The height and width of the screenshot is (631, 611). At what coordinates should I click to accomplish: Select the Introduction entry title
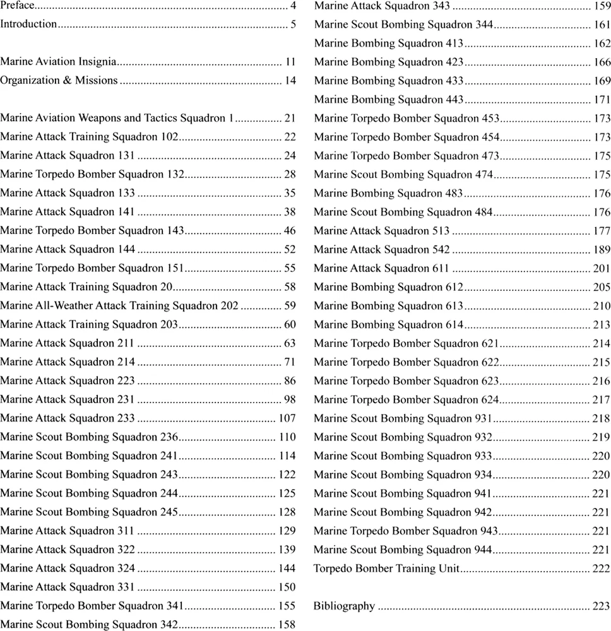click(28, 24)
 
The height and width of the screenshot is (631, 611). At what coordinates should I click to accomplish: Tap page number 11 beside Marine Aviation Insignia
click(290, 62)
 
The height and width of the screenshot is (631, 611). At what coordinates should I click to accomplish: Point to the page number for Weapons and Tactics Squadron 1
click(290, 118)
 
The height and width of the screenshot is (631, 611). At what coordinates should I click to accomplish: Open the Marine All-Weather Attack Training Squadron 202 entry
click(119, 305)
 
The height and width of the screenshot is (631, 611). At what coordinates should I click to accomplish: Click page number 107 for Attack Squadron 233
click(287, 418)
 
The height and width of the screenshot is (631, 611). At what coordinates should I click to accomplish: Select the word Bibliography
click(344, 606)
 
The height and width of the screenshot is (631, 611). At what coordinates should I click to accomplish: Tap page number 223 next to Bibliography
click(601, 606)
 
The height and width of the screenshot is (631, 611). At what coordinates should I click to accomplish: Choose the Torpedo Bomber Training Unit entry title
click(386, 568)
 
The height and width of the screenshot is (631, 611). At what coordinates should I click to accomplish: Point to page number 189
click(601, 250)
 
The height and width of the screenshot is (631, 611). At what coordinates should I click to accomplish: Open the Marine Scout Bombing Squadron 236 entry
click(90, 437)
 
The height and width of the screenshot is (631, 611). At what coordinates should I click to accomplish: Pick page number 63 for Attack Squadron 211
click(290, 343)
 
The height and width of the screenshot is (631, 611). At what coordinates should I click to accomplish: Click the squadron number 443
click(454, 100)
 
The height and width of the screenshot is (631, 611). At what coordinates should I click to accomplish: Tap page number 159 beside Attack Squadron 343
click(601, 6)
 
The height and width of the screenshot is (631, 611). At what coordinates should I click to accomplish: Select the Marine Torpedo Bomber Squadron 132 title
click(92, 174)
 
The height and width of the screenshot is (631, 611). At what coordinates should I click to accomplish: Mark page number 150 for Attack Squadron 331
click(287, 587)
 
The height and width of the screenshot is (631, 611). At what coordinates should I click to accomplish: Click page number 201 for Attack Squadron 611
click(601, 268)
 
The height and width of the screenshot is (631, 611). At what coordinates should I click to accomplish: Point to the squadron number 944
click(482, 550)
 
